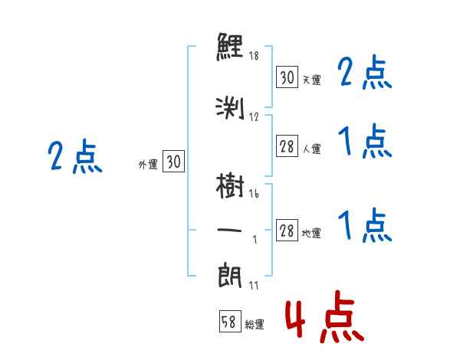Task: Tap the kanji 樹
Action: [231, 186]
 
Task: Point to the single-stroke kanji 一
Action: [231, 228]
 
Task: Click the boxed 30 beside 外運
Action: [173, 162]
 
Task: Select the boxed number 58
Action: [228, 322]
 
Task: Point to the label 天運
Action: [311, 80]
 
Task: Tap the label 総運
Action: [255, 325]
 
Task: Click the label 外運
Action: [148, 164]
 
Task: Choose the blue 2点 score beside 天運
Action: [363, 74]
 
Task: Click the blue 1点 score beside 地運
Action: [363, 225]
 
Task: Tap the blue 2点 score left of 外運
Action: [74, 159]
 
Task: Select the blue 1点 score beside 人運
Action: [363, 142]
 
